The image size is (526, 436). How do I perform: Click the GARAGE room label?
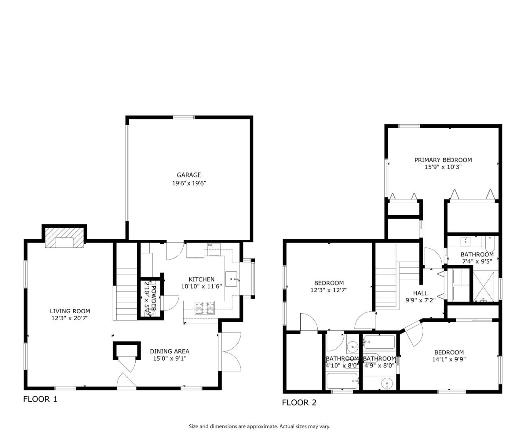(x=189, y=175)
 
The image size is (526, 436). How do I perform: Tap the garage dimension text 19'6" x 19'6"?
(x=189, y=183)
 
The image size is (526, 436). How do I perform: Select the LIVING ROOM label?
(x=70, y=311)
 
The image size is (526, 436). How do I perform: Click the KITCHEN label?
(x=201, y=279)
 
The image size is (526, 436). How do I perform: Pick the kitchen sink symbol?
(x=232, y=279)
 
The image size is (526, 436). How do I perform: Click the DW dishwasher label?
(x=210, y=245)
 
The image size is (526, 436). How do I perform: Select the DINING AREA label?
(x=170, y=351)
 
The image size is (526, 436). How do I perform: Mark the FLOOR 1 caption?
(x=40, y=399)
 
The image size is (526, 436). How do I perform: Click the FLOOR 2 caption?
(x=299, y=402)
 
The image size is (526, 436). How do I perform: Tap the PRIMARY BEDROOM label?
(x=443, y=160)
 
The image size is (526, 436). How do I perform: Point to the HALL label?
(x=420, y=293)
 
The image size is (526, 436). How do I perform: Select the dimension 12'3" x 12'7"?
(x=329, y=290)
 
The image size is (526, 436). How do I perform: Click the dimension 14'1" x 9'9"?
(x=449, y=359)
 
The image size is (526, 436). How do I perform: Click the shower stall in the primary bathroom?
(x=486, y=287)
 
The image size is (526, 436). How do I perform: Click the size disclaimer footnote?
(x=260, y=426)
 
